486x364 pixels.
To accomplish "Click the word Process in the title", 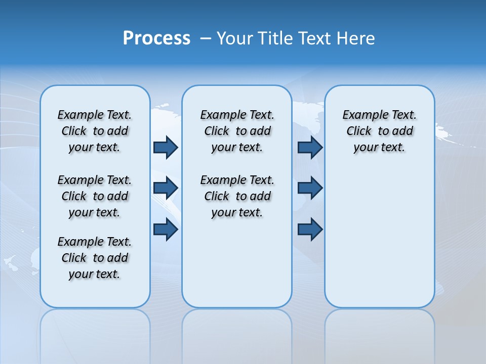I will click(x=156, y=38).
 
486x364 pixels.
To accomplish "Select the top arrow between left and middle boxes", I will click(x=165, y=147).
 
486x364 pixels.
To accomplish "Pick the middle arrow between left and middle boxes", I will click(x=165, y=188).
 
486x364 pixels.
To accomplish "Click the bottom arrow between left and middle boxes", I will click(x=165, y=230).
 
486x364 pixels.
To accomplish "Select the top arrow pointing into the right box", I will click(x=310, y=147).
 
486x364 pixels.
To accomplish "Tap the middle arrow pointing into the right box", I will click(x=310, y=188).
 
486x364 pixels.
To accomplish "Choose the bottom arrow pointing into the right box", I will click(x=310, y=230).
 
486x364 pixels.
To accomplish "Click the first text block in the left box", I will click(x=95, y=131).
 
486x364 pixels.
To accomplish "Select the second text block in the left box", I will click(x=95, y=196).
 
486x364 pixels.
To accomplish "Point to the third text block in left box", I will click(x=95, y=258).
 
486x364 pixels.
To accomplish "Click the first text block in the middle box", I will click(x=237, y=131).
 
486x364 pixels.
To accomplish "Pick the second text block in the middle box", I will click(x=237, y=196).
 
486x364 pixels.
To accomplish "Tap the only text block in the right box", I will click(x=379, y=131).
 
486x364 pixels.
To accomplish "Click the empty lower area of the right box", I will click(x=379, y=243).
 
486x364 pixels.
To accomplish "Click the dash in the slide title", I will click(x=206, y=38).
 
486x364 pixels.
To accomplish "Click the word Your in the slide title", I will click(x=234, y=38).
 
